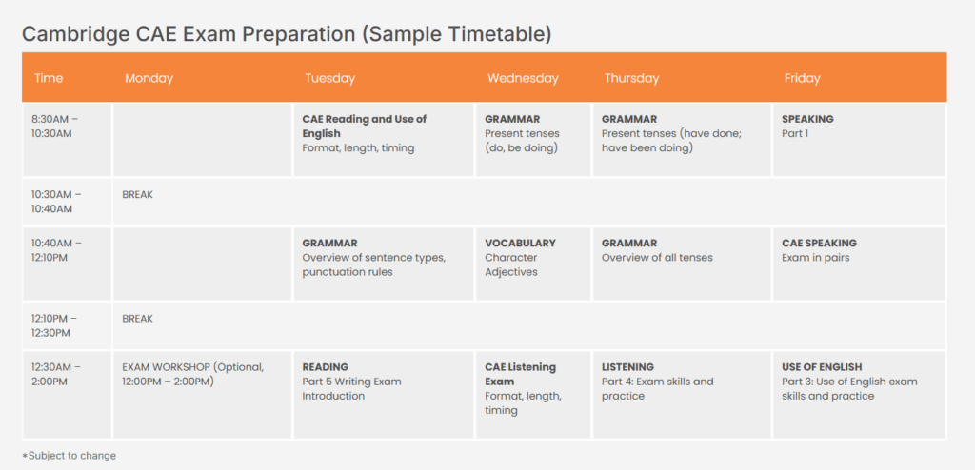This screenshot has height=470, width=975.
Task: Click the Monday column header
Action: click(x=149, y=78)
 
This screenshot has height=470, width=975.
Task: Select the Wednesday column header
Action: click(x=523, y=78)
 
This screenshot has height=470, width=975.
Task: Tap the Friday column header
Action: click(x=802, y=78)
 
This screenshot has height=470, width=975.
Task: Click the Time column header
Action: click(x=49, y=78)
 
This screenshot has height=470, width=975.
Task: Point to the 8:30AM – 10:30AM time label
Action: click(x=54, y=127)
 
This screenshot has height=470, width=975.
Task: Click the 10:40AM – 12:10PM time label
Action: click(x=56, y=250)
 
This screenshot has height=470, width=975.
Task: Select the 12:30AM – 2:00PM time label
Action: click(x=56, y=374)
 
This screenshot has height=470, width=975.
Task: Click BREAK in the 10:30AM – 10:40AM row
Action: click(x=137, y=195)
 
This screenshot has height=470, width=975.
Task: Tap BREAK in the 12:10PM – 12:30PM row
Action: click(x=137, y=319)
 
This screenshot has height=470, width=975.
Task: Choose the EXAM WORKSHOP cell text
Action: click(x=192, y=374)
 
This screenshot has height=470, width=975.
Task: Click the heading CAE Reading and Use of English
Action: click(x=365, y=127)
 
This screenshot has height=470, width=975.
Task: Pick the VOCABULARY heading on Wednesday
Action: click(x=521, y=243)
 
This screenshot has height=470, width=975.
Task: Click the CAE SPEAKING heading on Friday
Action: click(x=819, y=243)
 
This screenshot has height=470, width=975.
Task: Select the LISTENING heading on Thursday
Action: click(x=627, y=367)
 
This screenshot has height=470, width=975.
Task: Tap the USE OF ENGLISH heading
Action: click(x=822, y=367)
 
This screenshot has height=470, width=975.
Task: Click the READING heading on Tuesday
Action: click(x=326, y=367)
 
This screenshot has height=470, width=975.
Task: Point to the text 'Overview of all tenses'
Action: click(x=657, y=258)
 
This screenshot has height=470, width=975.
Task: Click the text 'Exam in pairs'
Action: click(x=814, y=258)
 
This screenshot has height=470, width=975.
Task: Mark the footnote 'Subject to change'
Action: click(x=69, y=455)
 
